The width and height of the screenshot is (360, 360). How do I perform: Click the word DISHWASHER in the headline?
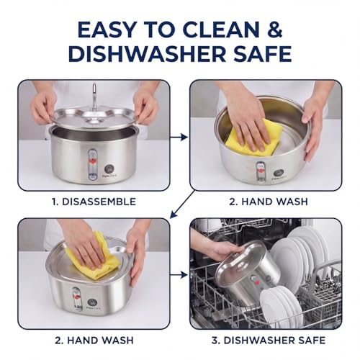[x=147, y=54]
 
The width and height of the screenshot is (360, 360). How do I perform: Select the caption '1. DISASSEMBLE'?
[x=94, y=202]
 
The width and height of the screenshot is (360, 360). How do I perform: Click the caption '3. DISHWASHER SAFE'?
[x=269, y=340]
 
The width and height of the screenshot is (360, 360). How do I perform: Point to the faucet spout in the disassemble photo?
[x=94, y=96]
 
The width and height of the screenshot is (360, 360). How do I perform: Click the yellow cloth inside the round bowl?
[x=254, y=138]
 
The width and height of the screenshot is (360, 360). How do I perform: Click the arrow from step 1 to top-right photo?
[x=179, y=138]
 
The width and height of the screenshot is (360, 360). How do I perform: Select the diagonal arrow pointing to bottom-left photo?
[x=182, y=204]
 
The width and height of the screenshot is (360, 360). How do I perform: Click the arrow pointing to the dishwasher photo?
[x=179, y=275]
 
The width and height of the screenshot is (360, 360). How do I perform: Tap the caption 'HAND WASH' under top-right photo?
[x=274, y=202]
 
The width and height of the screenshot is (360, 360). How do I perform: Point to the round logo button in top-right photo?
[x=279, y=173]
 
